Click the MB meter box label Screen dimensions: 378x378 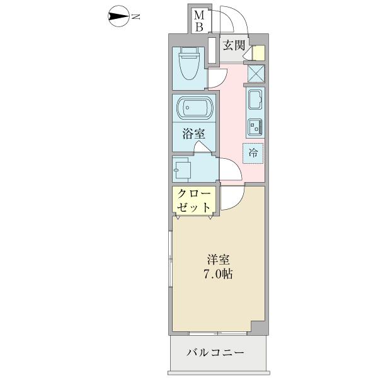198,21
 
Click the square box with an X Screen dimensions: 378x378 256,74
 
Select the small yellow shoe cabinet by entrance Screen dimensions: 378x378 259,53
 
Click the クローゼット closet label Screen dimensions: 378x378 193,200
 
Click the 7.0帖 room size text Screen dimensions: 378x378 217,274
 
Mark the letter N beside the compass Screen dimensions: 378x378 136,17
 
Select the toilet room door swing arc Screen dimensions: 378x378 216,77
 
